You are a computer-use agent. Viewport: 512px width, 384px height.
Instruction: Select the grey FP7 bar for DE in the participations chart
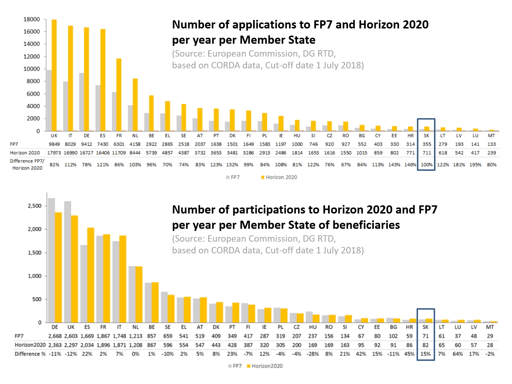click(51, 260)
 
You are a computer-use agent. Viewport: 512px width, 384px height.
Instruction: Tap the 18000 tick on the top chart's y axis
click(32, 19)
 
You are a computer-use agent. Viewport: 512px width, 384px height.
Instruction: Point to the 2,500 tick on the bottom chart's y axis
click(35, 206)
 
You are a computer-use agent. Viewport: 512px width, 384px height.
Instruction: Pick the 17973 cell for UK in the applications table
click(54, 153)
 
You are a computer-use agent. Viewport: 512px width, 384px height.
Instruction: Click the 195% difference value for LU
click(475, 165)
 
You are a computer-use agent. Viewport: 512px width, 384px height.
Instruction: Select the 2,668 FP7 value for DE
click(55, 336)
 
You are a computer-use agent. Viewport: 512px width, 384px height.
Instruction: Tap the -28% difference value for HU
click(313, 354)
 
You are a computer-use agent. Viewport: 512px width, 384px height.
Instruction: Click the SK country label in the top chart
click(427, 136)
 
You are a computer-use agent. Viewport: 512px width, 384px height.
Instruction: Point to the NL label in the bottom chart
click(135, 327)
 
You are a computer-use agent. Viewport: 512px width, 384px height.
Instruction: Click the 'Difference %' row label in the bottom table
click(30, 354)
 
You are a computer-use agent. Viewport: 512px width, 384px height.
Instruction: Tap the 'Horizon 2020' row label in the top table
click(25, 153)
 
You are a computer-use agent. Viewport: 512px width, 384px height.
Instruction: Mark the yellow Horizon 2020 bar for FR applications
click(119, 95)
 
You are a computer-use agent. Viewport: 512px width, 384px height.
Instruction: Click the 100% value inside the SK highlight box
click(427, 165)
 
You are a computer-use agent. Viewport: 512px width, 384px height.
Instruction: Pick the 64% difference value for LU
click(458, 354)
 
